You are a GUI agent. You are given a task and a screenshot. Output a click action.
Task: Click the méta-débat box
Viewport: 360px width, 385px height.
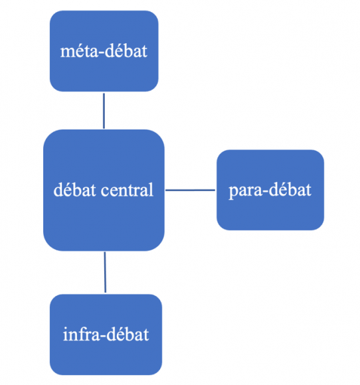pos(104,51)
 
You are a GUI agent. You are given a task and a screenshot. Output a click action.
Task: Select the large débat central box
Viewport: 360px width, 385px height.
pos(104,191)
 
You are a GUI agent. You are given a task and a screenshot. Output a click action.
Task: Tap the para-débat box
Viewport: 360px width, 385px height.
pos(270,190)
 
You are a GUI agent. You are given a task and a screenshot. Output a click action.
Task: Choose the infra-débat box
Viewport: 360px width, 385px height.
pos(106,335)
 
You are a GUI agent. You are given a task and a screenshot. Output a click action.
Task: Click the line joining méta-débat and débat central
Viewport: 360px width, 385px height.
pos(104,111)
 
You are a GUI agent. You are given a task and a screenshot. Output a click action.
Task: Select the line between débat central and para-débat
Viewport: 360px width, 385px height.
pos(190,190)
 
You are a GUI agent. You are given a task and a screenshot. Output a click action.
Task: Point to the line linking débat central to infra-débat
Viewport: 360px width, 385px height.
pos(105,272)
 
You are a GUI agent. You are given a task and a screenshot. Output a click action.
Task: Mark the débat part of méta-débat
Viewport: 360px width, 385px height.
pos(126,51)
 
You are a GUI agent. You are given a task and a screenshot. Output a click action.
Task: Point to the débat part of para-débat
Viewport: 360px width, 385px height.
pos(290,190)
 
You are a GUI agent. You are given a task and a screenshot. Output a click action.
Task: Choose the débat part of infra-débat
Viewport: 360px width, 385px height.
pos(128,333)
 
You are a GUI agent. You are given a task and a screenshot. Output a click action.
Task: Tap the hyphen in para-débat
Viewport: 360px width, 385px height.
pos(266,192)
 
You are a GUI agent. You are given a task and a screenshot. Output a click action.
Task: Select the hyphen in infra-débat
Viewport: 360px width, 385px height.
pos(104,336)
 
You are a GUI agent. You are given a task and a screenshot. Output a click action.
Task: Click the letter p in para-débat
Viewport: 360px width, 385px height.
pos(232,193)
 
